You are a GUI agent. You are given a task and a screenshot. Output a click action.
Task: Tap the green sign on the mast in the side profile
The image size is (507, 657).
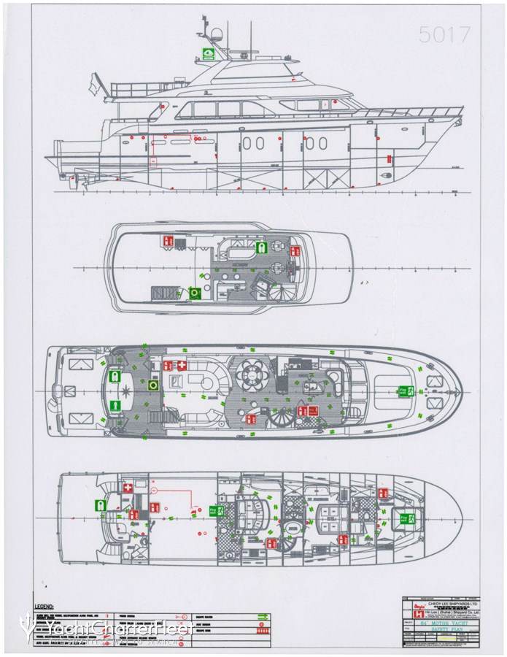[209, 53]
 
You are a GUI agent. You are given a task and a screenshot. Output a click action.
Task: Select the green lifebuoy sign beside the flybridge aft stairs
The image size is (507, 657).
[195, 293]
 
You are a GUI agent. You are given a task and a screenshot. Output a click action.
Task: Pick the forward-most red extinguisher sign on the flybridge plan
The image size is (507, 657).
[294, 250]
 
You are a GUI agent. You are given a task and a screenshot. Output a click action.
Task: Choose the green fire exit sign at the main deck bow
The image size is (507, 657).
[405, 391]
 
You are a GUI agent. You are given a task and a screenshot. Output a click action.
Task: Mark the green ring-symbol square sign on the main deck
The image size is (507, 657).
[153, 384]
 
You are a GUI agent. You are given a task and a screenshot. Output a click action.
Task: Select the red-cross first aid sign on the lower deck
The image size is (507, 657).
[128, 487]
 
